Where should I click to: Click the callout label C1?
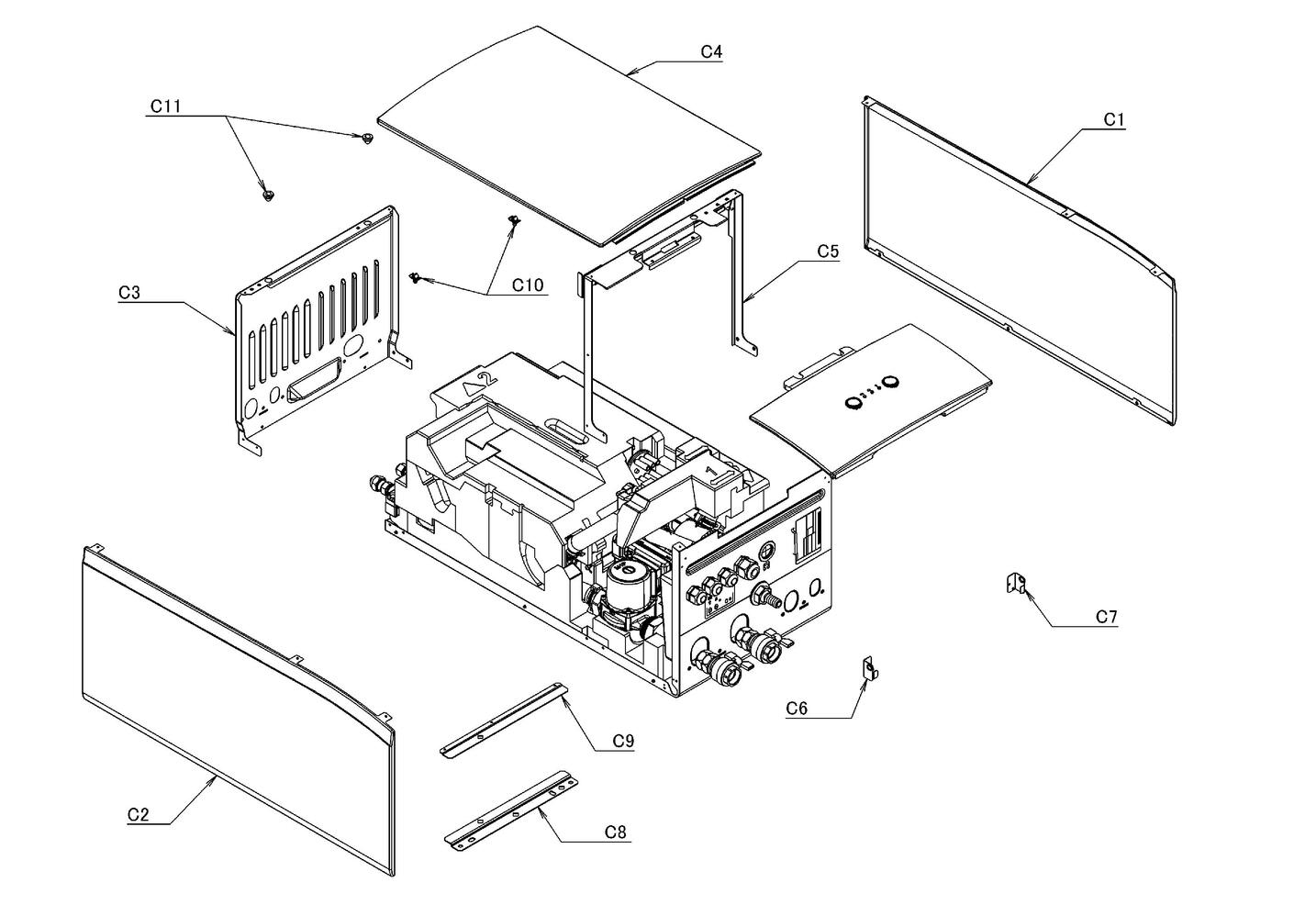pos(1113,119)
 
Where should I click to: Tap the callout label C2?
pos(139,814)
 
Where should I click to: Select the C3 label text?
pos(129,293)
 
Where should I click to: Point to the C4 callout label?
pos(711,52)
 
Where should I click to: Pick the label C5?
pos(828,251)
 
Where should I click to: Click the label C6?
pos(797,708)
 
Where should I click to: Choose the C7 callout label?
pos(1107,617)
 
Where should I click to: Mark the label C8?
pos(615,832)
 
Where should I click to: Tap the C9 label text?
pos(623,741)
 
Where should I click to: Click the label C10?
pos(528,285)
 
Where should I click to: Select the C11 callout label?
pos(165,106)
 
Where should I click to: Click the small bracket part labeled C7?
pos(1015,583)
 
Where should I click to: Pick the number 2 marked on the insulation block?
pos(486,377)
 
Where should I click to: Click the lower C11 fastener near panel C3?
pos(269,196)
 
